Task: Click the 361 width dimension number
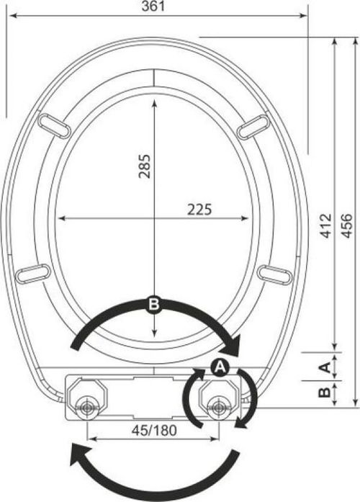153,6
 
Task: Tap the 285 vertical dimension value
144,166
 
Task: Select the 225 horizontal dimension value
199,210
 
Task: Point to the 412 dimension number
326,225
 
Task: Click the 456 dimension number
346,225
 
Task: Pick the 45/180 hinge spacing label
154,431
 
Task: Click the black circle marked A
220,367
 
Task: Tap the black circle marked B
154,304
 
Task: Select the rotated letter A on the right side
325,367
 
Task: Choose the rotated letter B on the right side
325,392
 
